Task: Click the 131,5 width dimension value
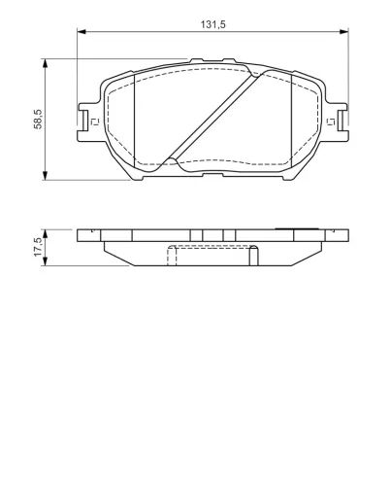point(212,24)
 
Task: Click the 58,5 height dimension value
point(38,120)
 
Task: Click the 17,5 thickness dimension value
point(38,247)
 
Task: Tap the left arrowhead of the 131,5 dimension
point(81,32)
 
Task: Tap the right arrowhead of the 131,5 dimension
point(343,32)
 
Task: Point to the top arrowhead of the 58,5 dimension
point(46,63)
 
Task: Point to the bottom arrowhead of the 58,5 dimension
point(46,175)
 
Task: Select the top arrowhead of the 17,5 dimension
point(46,234)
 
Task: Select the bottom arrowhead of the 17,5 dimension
point(46,261)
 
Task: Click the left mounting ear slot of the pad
point(84,121)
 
